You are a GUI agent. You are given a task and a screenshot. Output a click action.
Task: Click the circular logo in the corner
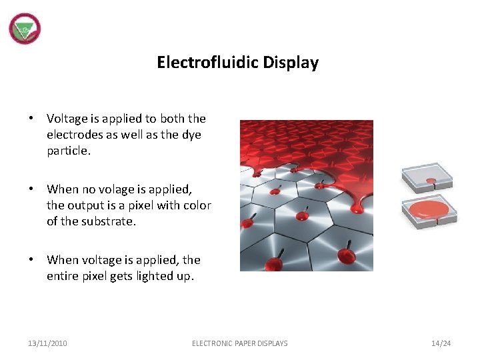(x=25, y=29)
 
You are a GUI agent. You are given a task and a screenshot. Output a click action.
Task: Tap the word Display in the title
(x=291, y=63)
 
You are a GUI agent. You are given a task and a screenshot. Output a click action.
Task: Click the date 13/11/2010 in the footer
(x=47, y=343)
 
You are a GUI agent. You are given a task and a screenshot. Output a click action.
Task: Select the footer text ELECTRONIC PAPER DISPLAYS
(x=240, y=343)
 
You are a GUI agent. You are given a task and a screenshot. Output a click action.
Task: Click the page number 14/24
(x=441, y=343)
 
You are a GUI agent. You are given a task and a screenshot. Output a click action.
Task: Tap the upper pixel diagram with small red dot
(x=427, y=178)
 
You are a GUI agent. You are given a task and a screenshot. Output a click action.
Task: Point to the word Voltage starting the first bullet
(x=67, y=119)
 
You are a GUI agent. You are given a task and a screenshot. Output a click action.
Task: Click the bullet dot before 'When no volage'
(x=31, y=189)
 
